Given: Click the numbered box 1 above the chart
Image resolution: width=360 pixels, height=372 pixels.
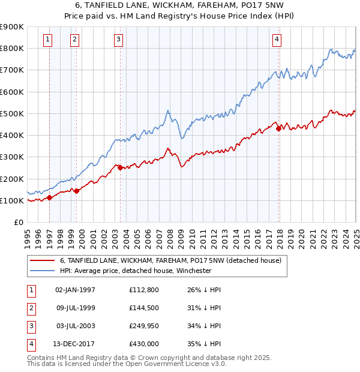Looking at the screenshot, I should (x=47, y=40).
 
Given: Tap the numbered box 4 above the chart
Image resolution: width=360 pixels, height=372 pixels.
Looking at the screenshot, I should (x=277, y=40).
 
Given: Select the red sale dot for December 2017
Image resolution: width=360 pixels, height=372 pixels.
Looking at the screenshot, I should (x=278, y=128).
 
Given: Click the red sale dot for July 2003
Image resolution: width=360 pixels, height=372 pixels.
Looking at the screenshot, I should (x=121, y=168).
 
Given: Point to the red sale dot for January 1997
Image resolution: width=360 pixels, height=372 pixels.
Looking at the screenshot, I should (x=49, y=197).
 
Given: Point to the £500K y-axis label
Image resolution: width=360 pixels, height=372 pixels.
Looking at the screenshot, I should (x=12, y=113).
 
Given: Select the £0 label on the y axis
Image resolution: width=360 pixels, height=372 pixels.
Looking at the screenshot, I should (x=18, y=222).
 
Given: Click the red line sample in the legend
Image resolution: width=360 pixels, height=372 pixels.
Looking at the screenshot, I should (x=42, y=260).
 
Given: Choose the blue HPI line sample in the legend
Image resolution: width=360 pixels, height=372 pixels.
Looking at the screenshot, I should (x=42, y=271).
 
